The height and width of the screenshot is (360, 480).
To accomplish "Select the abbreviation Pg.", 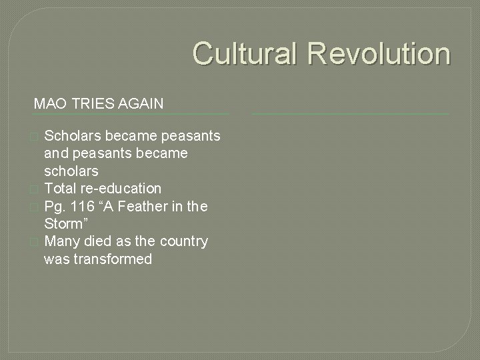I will coord(55,207).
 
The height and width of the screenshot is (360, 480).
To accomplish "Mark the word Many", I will coord(61,241).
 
